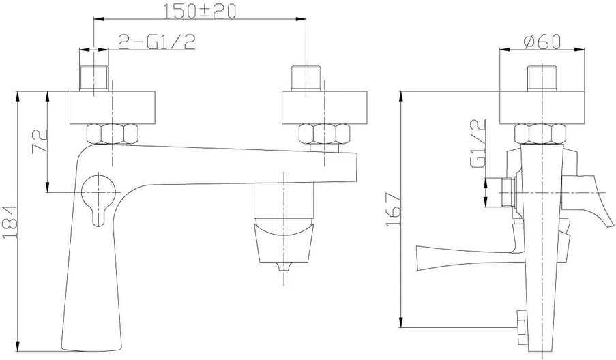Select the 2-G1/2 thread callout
[156, 42]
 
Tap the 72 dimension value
[40, 141]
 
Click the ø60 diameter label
[542, 41]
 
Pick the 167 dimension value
[393, 209]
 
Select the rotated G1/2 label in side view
[478, 144]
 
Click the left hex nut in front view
[113, 134]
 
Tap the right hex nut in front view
[325, 134]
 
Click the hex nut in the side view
[542, 134]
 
